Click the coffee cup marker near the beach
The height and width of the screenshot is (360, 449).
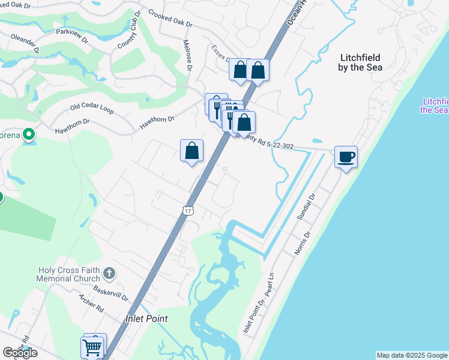click(x=346, y=157)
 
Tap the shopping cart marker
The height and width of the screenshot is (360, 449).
click(x=92, y=346)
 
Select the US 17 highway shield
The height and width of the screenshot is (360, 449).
click(x=188, y=211)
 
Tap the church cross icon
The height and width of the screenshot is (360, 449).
click(x=109, y=274)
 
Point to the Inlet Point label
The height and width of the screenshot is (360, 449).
click(x=146, y=319)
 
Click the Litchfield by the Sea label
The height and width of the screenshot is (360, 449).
click(x=361, y=62)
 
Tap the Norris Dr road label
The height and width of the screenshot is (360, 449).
click(x=302, y=244)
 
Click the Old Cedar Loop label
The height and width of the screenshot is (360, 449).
click(x=92, y=108)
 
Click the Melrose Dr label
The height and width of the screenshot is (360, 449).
click(x=187, y=55)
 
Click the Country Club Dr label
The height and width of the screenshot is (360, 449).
click(x=129, y=29)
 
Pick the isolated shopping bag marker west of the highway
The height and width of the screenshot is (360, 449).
click(x=191, y=151)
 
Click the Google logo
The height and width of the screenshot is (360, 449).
click(x=20, y=353)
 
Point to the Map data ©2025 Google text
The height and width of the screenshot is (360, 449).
click(x=412, y=355)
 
